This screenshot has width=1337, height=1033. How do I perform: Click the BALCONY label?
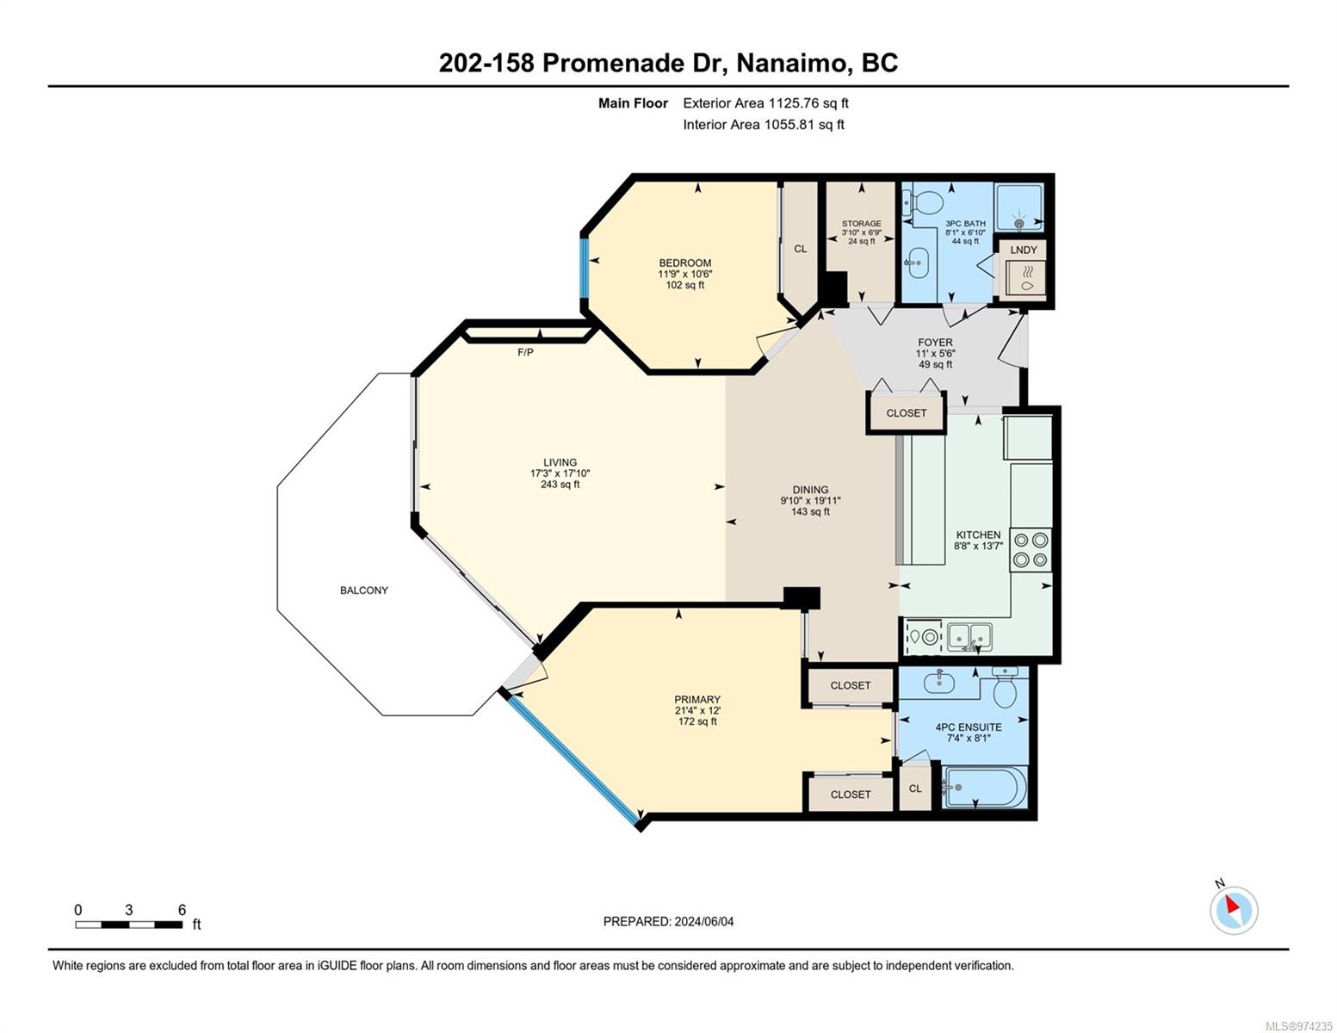[363, 590]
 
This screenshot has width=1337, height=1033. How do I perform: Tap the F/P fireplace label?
[525, 352]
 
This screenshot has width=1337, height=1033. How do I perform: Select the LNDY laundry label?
[1024, 250]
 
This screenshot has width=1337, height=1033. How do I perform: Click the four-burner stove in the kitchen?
[1030, 549]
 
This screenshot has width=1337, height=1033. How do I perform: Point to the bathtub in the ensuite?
[984, 787]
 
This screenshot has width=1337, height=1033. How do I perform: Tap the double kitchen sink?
[969, 637]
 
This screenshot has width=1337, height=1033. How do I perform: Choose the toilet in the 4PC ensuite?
[1005, 688]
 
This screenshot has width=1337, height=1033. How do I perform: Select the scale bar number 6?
[183, 909]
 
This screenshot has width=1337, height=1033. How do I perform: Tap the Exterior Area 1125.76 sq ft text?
[765, 102]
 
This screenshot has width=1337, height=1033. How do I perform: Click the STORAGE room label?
[861, 223]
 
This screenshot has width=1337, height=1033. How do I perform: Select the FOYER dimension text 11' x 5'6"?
[935, 353]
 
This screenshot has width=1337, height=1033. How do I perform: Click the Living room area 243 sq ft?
[560, 484]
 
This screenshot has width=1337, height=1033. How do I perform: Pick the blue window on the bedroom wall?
[585, 269]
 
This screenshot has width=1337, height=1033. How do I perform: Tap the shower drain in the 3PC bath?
[1019, 224]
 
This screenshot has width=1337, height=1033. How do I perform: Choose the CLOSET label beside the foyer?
[906, 413]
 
